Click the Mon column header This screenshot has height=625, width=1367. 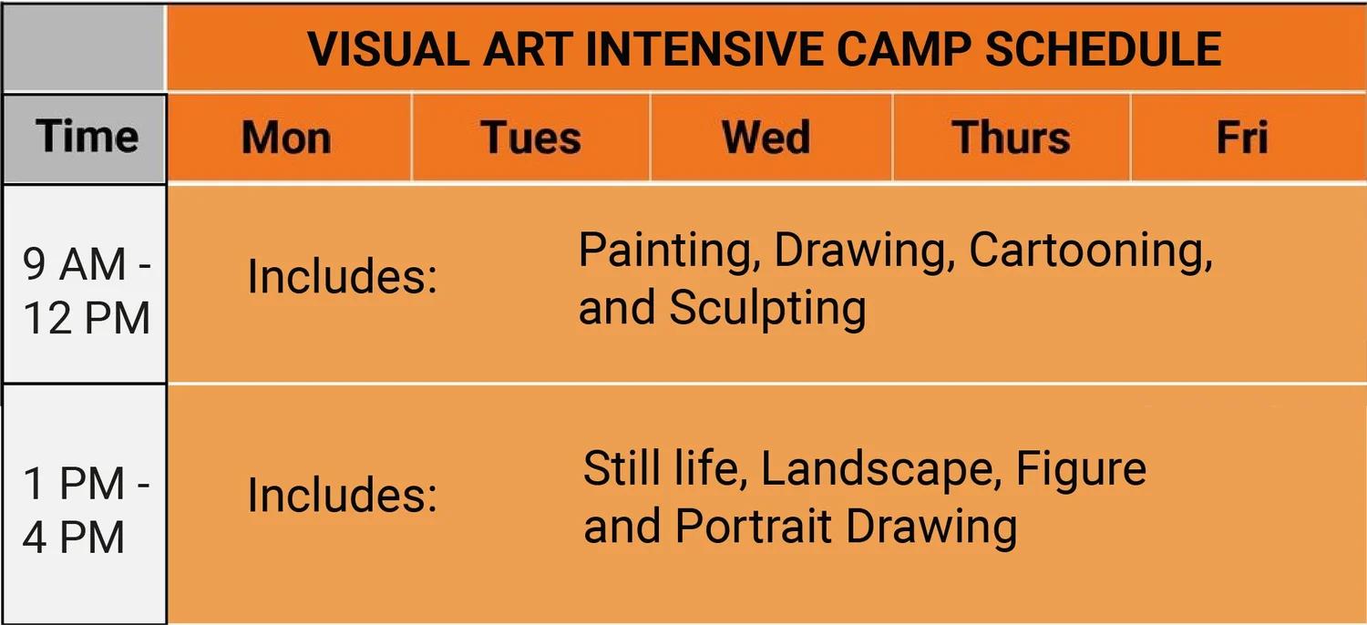286,138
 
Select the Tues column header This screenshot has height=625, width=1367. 530,138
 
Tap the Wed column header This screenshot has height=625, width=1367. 766,138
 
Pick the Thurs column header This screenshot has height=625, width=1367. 1011,138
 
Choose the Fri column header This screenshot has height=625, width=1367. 1242,138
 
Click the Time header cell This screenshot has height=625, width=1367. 87,138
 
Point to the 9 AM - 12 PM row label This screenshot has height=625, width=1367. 86,292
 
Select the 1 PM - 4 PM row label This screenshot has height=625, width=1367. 86,511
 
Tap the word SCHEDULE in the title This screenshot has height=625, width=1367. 1099,49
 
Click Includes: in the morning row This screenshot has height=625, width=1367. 342,277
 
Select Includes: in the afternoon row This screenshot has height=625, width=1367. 342,497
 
